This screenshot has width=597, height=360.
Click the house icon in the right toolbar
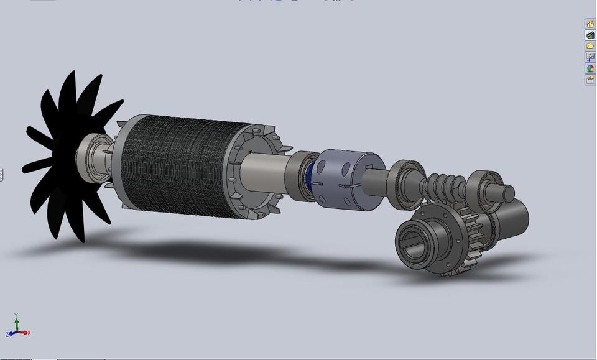pyautogui.click(x=590, y=24)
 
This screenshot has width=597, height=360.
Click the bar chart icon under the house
pyautogui.click(x=590, y=35)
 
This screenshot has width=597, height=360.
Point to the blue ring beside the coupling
pyautogui.click(x=309, y=181)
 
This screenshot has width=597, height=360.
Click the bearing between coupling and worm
pyautogui.click(x=405, y=183)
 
